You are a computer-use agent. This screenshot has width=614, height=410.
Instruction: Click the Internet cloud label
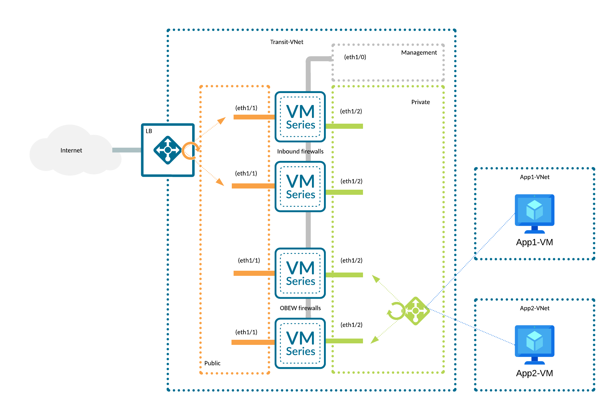point(71,150)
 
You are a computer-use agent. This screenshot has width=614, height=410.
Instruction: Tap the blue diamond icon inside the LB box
point(168,150)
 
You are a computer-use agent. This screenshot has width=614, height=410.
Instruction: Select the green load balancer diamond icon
point(416,311)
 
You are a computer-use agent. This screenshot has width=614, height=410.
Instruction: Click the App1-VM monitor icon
point(534,213)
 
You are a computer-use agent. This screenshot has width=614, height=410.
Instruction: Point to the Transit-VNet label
point(286,42)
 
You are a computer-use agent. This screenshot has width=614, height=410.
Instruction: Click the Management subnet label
point(419,53)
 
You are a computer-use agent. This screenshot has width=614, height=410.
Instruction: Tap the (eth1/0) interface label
point(355,57)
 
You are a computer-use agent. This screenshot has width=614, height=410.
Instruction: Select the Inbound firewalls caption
point(300,152)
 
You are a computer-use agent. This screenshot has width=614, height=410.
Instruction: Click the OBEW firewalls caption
point(300,308)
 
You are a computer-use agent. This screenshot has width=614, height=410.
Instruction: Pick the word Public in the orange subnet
point(212,363)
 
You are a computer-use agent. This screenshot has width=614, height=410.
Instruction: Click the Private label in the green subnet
point(420,102)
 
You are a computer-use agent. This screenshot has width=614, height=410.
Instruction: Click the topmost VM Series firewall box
point(300,117)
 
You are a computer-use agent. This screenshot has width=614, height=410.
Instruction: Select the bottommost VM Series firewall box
point(300,343)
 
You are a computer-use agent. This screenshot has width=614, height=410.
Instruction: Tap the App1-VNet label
point(534,177)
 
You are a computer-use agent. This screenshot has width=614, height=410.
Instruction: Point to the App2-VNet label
point(534,308)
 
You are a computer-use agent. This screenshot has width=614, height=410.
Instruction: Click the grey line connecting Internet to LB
point(126,150)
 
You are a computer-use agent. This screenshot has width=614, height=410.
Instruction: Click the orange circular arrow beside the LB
point(190,150)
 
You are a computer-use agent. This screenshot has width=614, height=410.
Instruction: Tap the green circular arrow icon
point(396,311)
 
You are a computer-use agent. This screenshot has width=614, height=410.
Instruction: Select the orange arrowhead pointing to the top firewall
point(222,120)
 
